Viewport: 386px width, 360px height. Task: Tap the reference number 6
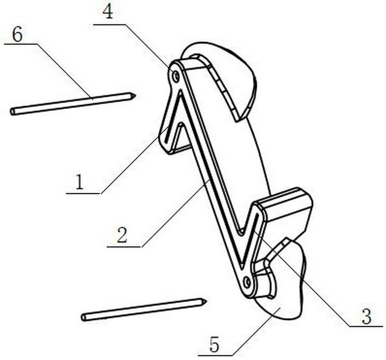pos(17,35)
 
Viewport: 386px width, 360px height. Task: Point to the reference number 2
pos(123,235)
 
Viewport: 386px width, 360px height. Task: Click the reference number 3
pos(366,317)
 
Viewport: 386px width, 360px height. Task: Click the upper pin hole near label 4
pos(176,76)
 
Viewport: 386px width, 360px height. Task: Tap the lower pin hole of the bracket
pos(247,281)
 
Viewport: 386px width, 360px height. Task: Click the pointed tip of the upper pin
pos(134,95)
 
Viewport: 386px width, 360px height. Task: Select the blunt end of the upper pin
pos(13,112)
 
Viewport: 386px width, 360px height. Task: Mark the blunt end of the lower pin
pos(84,317)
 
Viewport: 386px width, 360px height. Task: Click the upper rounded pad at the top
pos(227,72)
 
